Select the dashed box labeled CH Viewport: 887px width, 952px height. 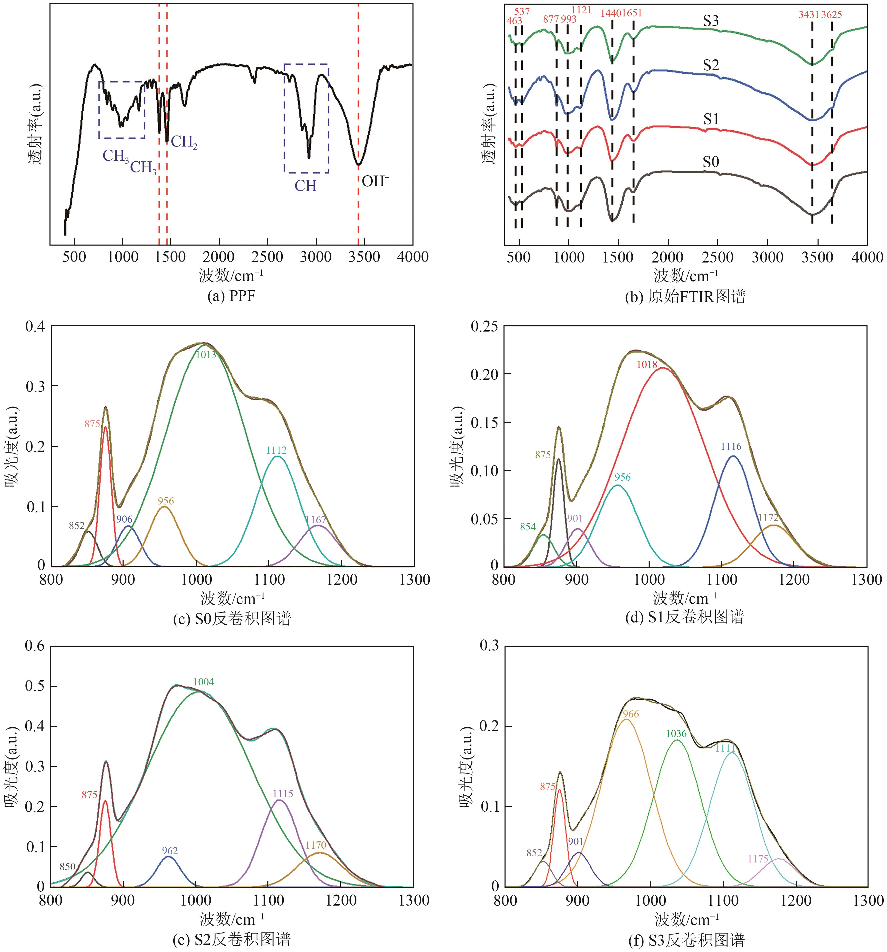click(x=306, y=118)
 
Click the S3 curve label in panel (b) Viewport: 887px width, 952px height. click(x=710, y=21)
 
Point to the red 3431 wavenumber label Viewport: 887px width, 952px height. click(x=809, y=15)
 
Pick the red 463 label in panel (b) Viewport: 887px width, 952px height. click(x=514, y=21)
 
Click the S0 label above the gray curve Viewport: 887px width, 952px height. click(x=710, y=162)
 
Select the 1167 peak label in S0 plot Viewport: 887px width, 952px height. click(x=316, y=520)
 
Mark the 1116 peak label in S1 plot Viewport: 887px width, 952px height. click(x=731, y=446)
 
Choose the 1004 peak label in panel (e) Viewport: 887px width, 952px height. click(x=203, y=682)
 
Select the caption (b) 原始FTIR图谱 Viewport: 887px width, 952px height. click(x=685, y=297)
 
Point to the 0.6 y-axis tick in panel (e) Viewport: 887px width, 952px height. click(x=34, y=646)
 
